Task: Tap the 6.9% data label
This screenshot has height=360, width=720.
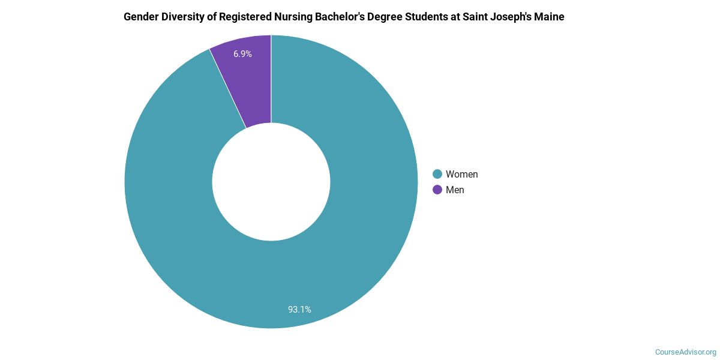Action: [242, 54]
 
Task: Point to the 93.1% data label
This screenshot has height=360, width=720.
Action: [299, 310]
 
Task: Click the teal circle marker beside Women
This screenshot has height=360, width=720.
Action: [437, 174]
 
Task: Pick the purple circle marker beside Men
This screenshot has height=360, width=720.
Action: [437, 190]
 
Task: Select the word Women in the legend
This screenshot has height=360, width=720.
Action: [461, 174]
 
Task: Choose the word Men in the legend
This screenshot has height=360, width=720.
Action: [455, 190]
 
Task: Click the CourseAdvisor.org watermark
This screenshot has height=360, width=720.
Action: [685, 352]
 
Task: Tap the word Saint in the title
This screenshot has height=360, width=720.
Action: [473, 17]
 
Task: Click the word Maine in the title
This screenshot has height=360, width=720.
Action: [550, 17]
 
